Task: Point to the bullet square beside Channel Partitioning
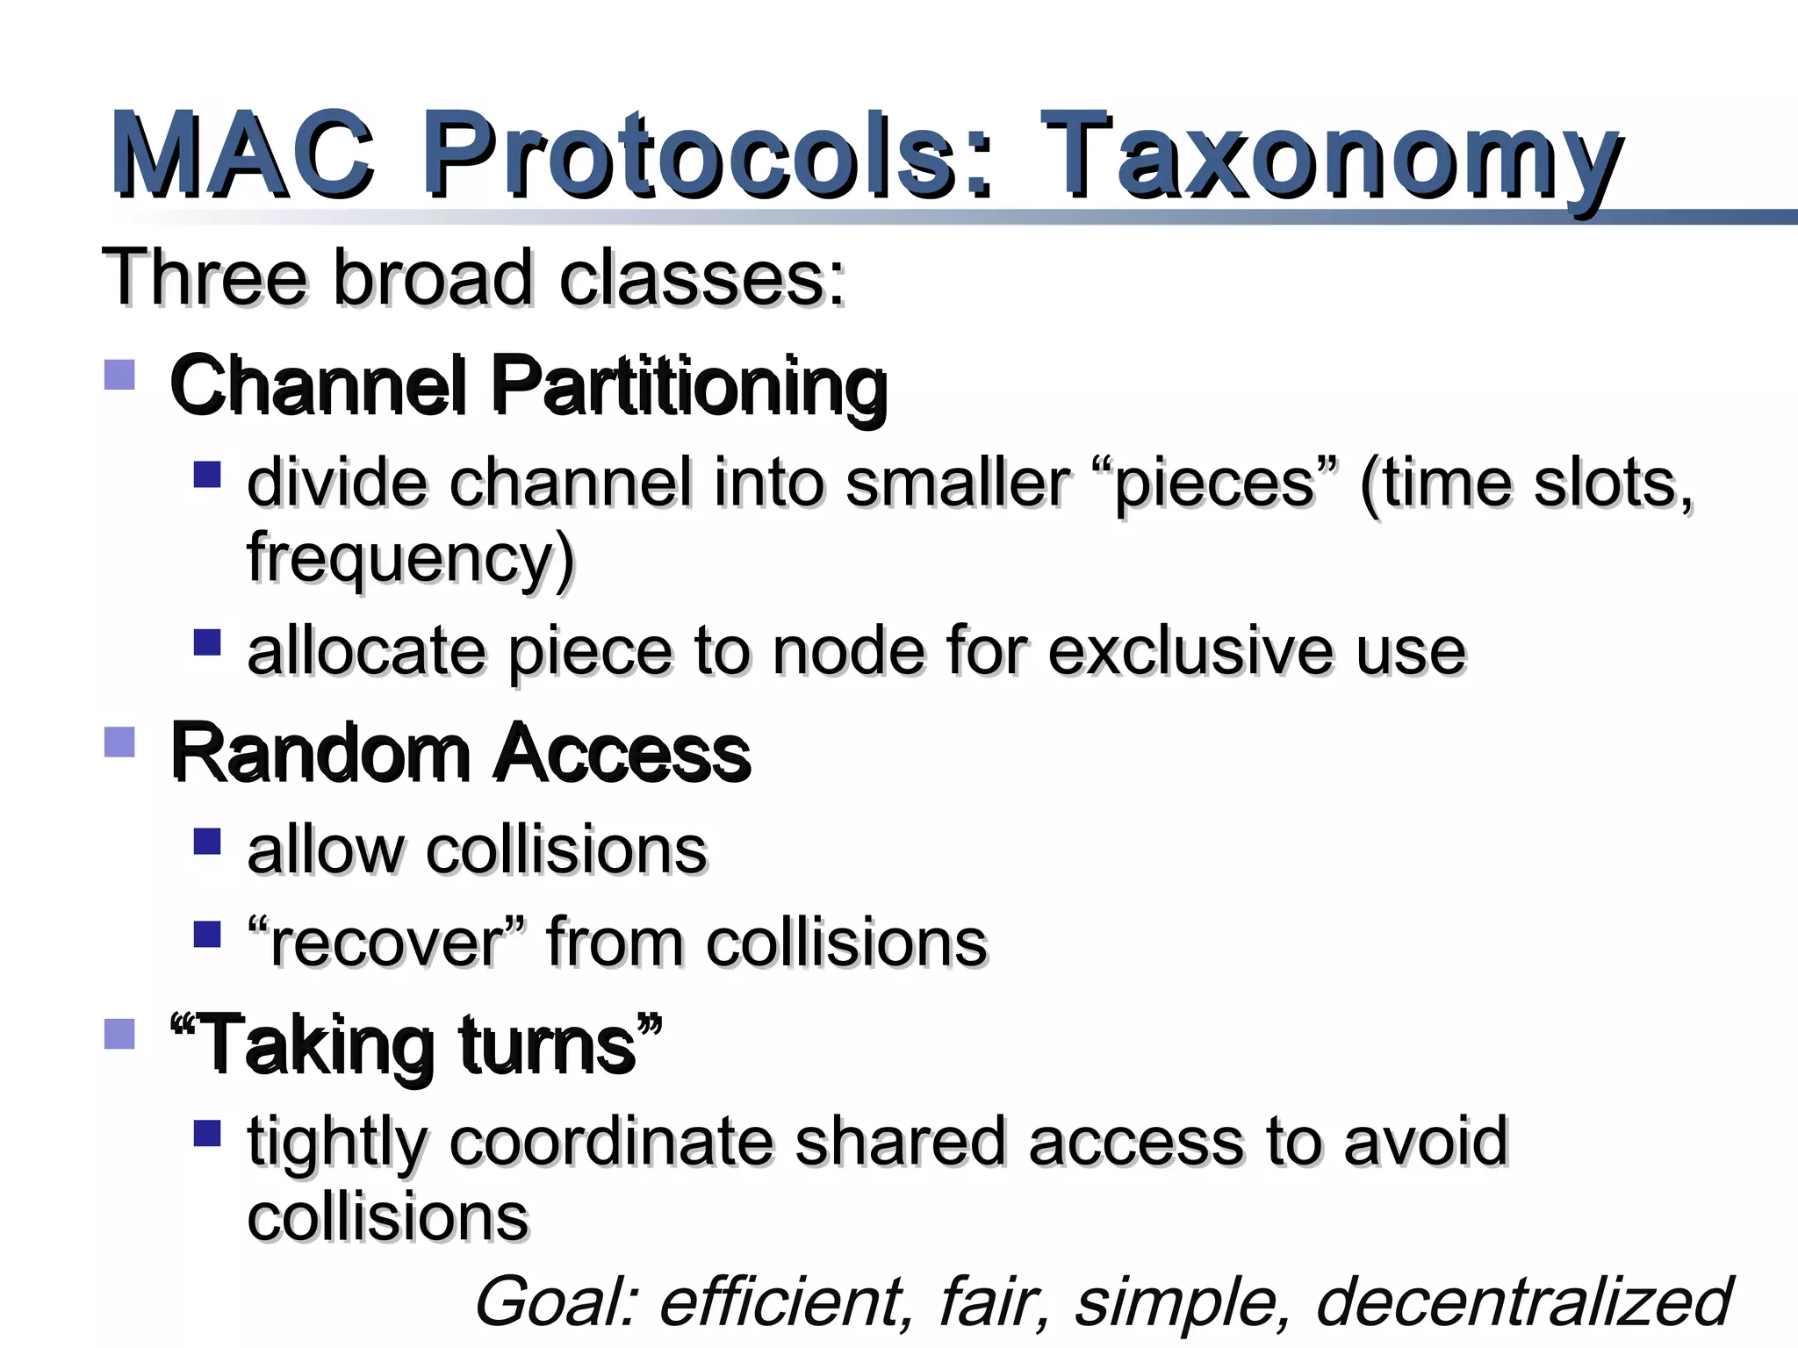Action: tap(119, 375)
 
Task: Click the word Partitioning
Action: tap(688, 387)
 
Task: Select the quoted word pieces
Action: tap(1216, 484)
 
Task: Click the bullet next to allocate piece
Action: tap(207, 642)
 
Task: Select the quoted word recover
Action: tap(386, 943)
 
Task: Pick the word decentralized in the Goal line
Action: tap(1523, 1301)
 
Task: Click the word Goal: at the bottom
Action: tap(557, 1302)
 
